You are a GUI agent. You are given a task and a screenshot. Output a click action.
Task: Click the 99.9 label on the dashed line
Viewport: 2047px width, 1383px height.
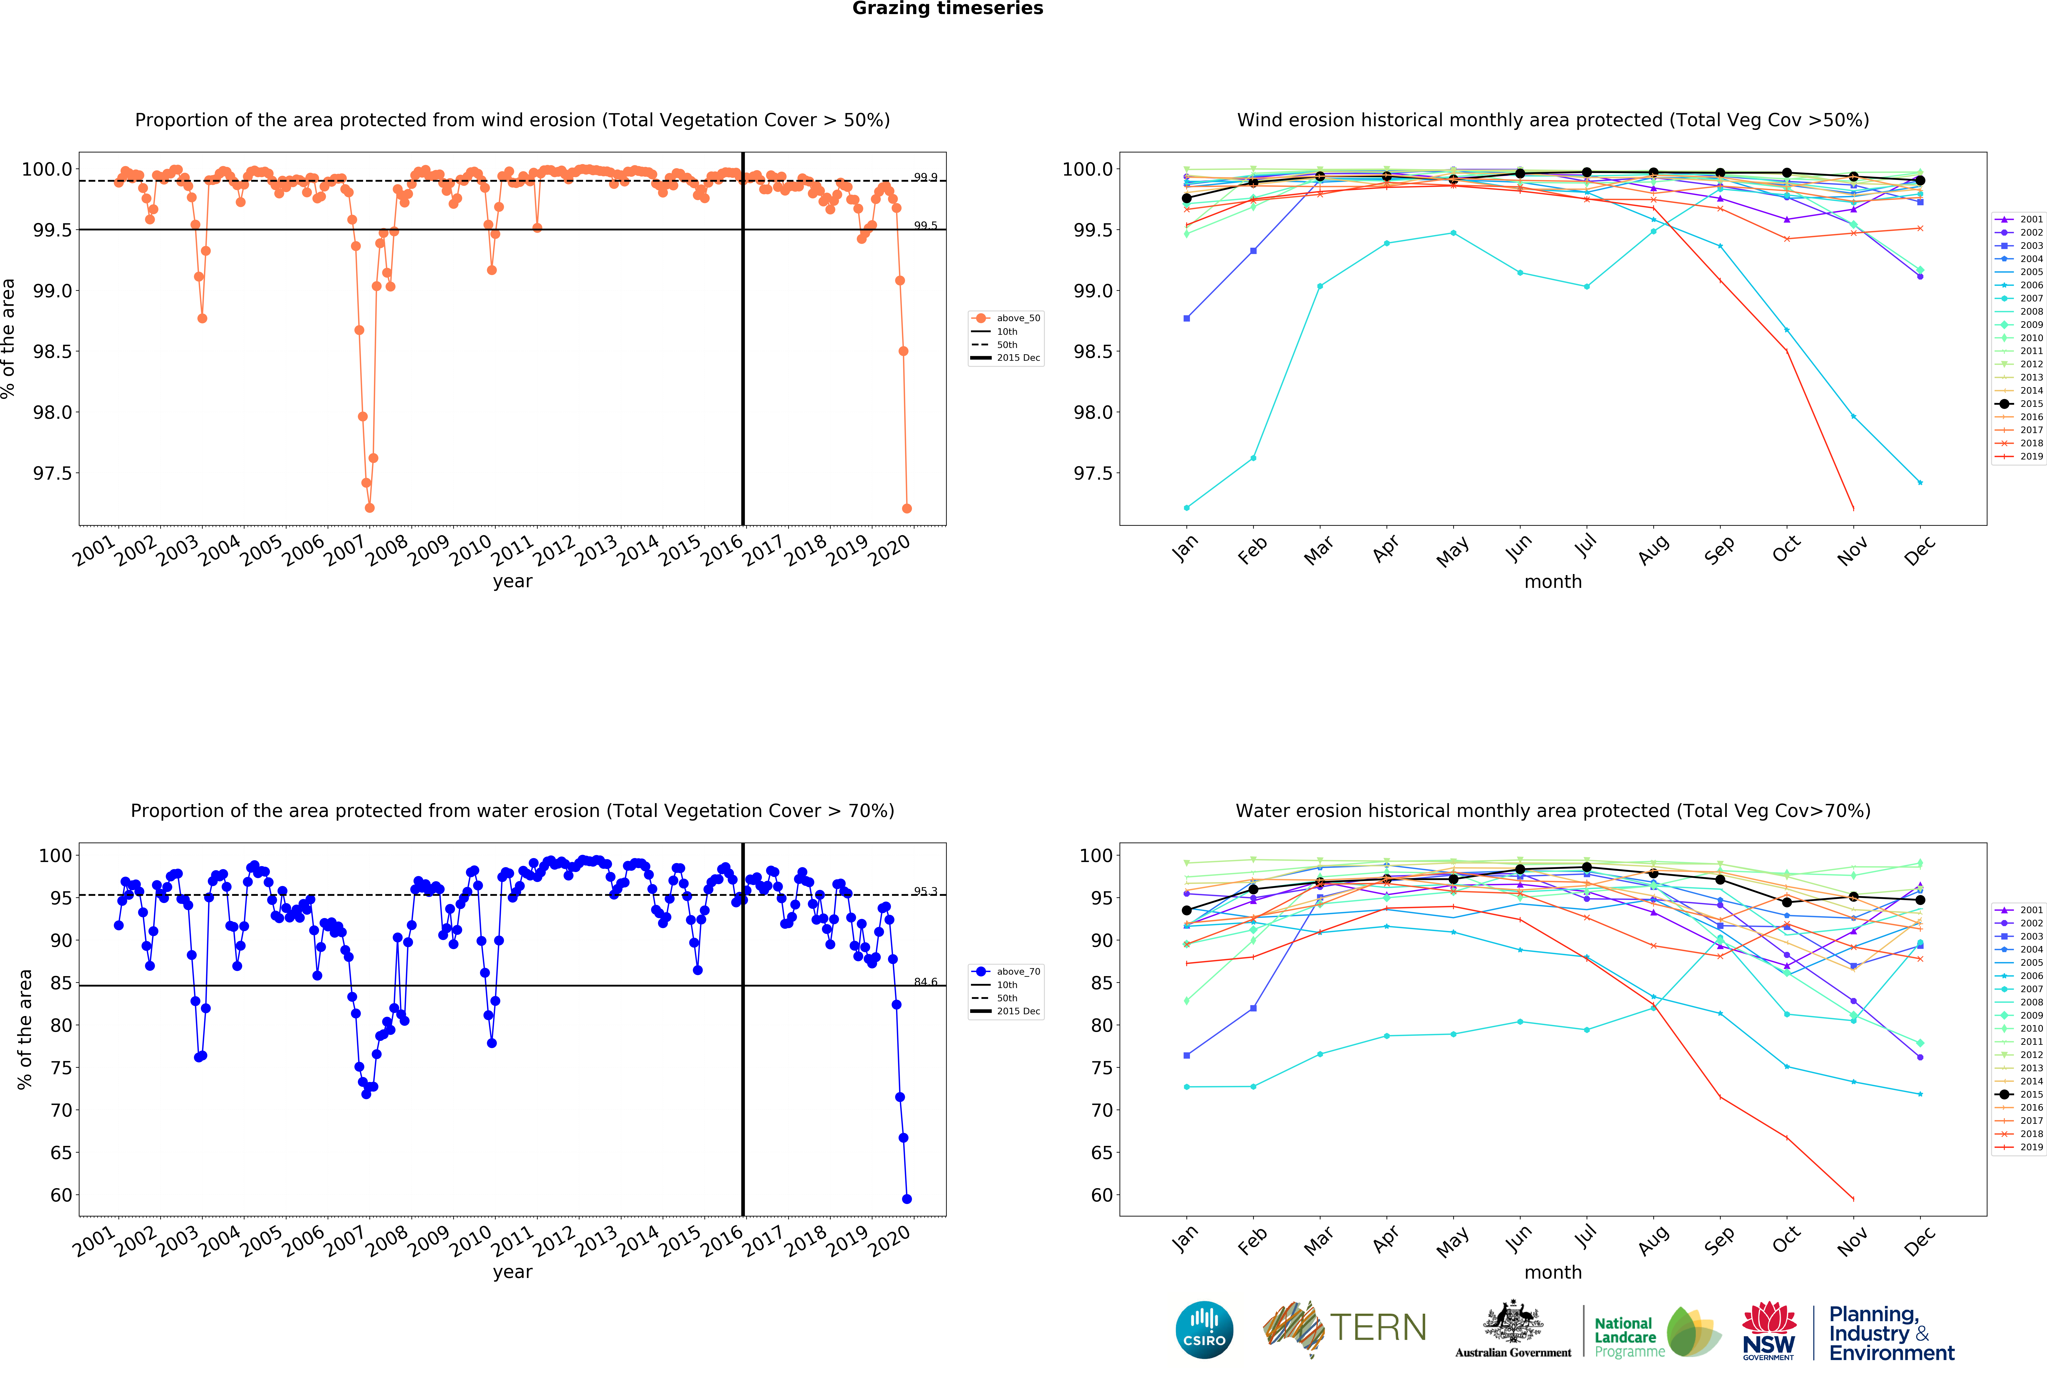coord(925,177)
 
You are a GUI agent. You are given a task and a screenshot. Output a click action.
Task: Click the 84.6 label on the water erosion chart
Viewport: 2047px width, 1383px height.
coord(925,981)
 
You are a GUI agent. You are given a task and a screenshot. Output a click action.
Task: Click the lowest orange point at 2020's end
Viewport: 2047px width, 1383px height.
coord(906,508)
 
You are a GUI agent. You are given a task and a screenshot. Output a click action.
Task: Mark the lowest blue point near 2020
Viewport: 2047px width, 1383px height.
coord(906,1199)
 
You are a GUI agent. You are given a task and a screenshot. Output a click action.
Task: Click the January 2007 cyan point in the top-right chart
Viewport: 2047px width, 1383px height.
coord(1186,507)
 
